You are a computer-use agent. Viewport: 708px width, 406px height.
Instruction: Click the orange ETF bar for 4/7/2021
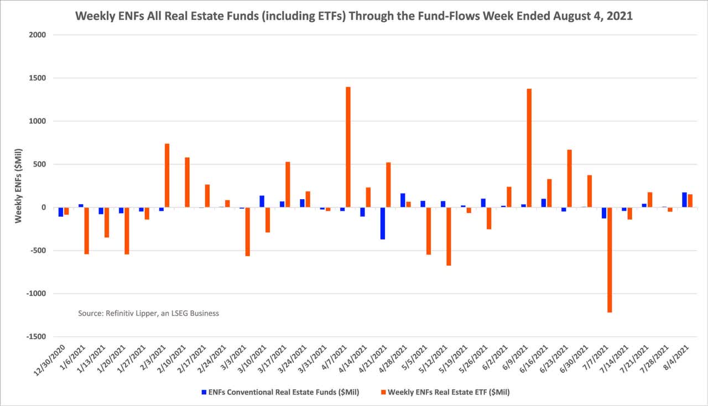[x=348, y=147]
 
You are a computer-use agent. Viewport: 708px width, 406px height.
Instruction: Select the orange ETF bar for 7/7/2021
[x=610, y=260]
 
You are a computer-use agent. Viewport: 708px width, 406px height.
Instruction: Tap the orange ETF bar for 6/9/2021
[x=529, y=148]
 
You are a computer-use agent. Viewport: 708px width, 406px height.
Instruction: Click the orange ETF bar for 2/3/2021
[x=167, y=175]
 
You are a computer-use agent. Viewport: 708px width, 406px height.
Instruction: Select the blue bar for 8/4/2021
[x=684, y=200]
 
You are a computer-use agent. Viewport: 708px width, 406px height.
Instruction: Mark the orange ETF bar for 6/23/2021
[x=569, y=178]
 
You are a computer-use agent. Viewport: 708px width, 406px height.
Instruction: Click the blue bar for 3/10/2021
[x=262, y=201]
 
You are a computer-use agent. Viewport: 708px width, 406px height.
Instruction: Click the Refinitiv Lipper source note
[x=148, y=313]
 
